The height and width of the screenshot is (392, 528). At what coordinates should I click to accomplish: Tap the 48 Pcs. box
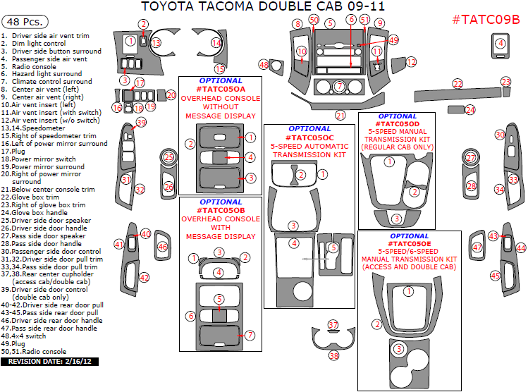[21, 20]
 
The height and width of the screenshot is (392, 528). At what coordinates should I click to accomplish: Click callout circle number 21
[341, 115]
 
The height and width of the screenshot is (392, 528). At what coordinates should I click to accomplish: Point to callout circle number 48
[264, 65]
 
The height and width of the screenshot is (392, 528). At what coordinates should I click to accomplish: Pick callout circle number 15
[220, 68]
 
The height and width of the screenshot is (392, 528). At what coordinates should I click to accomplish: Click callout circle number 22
[458, 85]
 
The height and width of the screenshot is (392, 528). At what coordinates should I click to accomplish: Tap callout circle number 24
[470, 109]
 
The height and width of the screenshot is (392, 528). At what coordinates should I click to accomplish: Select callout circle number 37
[333, 324]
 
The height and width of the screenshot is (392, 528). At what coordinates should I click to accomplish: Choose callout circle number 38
[333, 356]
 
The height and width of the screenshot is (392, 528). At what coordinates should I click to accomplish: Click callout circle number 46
[162, 247]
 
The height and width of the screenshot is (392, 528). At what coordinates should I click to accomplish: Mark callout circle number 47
[477, 247]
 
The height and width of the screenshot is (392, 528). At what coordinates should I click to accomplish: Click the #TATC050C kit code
[310, 137]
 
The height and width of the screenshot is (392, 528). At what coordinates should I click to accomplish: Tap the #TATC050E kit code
[408, 243]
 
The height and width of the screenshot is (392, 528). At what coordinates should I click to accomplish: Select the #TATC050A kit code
[221, 90]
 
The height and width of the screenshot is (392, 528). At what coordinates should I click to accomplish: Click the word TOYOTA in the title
[168, 7]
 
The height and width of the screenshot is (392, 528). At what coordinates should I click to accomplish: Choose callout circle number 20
[171, 94]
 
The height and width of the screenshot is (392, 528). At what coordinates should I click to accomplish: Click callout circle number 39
[141, 123]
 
